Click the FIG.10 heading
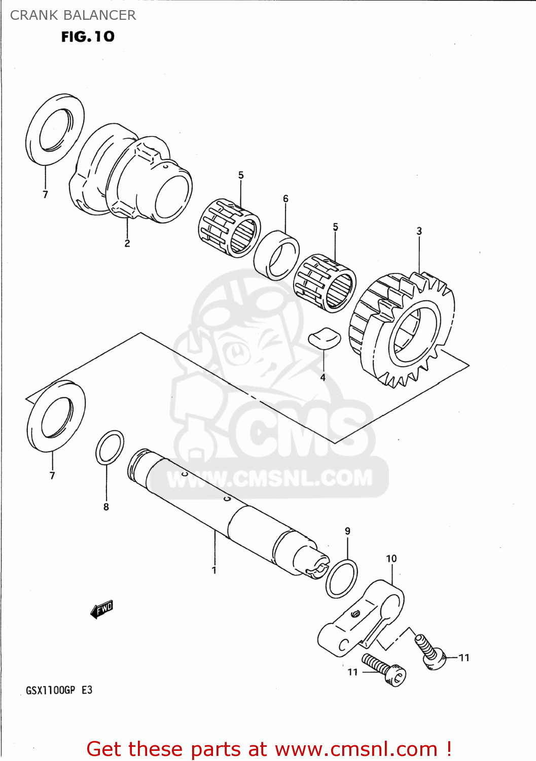click(88, 37)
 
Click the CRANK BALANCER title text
click(73, 15)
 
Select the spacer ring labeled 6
click(276, 255)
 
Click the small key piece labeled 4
click(325, 338)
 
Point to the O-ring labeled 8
click(110, 447)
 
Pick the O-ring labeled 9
click(341, 578)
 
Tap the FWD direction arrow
click(102, 609)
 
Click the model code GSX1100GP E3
click(59, 690)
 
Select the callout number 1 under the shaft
click(214, 570)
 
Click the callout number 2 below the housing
click(127, 244)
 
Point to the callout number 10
click(391, 559)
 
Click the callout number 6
click(285, 198)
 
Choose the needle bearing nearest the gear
click(325, 283)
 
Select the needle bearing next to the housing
click(229, 228)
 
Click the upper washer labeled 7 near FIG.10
click(55, 129)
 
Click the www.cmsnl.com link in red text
click(356, 749)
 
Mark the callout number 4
click(323, 377)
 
